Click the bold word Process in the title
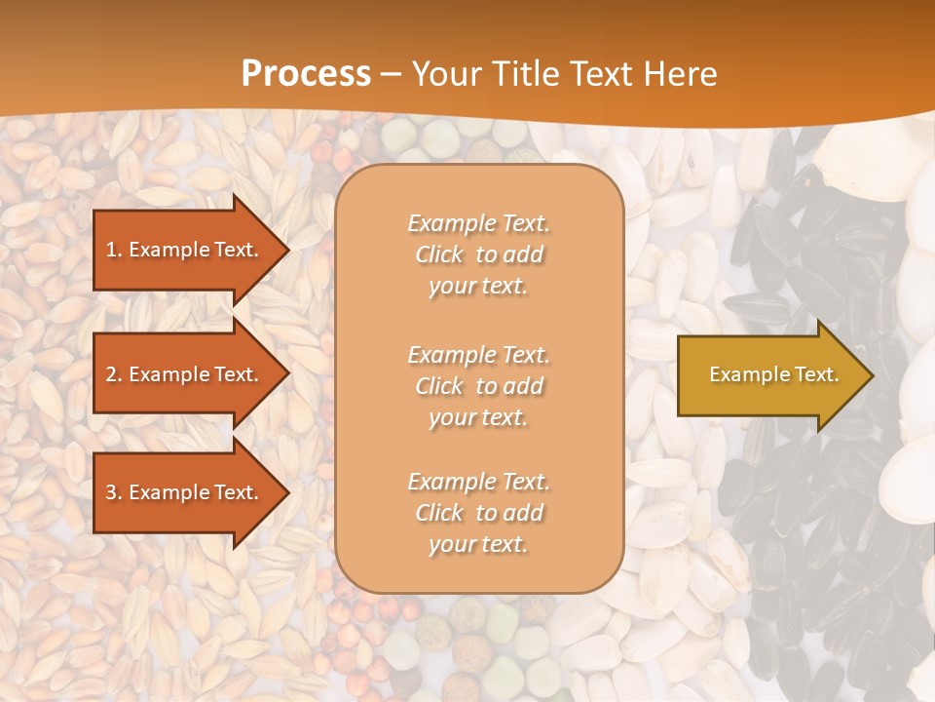pos(306,74)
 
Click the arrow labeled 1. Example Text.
pos(185,250)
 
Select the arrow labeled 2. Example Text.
pos(185,374)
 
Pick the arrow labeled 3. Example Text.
pos(185,492)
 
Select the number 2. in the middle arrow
pos(114,374)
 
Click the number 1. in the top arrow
pos(114,250)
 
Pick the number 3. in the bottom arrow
pos(114,492)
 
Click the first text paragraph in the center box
pos(478,254)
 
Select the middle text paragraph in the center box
pos(478,386)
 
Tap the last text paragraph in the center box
pos(478,513)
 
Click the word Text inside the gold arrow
pos(817,374)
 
